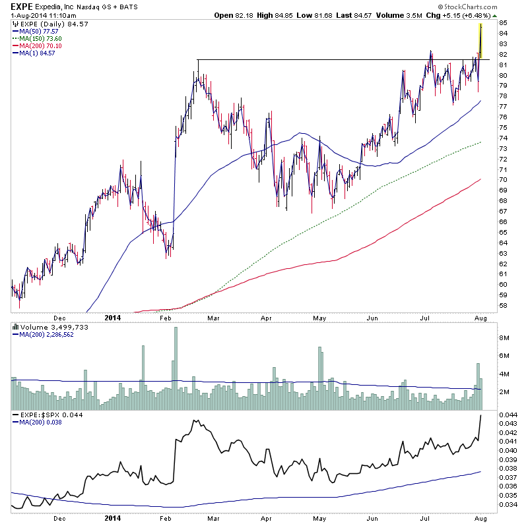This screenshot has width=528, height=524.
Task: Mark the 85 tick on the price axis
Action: coord(503,22)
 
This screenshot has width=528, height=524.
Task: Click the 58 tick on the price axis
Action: coord(503,306)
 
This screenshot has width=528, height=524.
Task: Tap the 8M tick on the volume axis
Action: coord(504,338)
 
